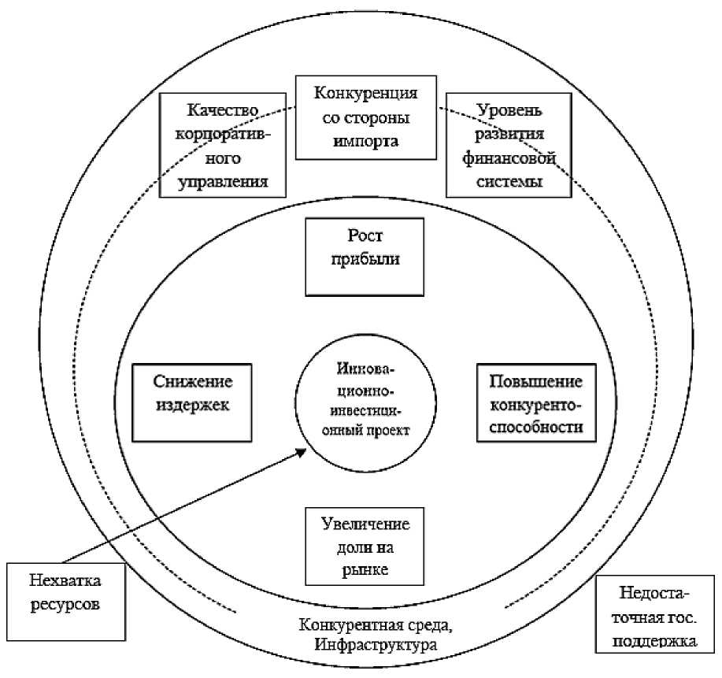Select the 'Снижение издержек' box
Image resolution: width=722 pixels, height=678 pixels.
193,401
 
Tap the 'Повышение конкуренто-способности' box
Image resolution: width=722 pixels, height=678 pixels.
535,401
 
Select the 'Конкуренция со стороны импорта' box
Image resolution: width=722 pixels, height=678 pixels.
365,117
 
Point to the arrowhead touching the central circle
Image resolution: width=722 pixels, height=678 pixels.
303,451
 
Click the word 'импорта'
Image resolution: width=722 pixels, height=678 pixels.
365,142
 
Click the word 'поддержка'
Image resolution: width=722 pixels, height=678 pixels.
658,640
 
